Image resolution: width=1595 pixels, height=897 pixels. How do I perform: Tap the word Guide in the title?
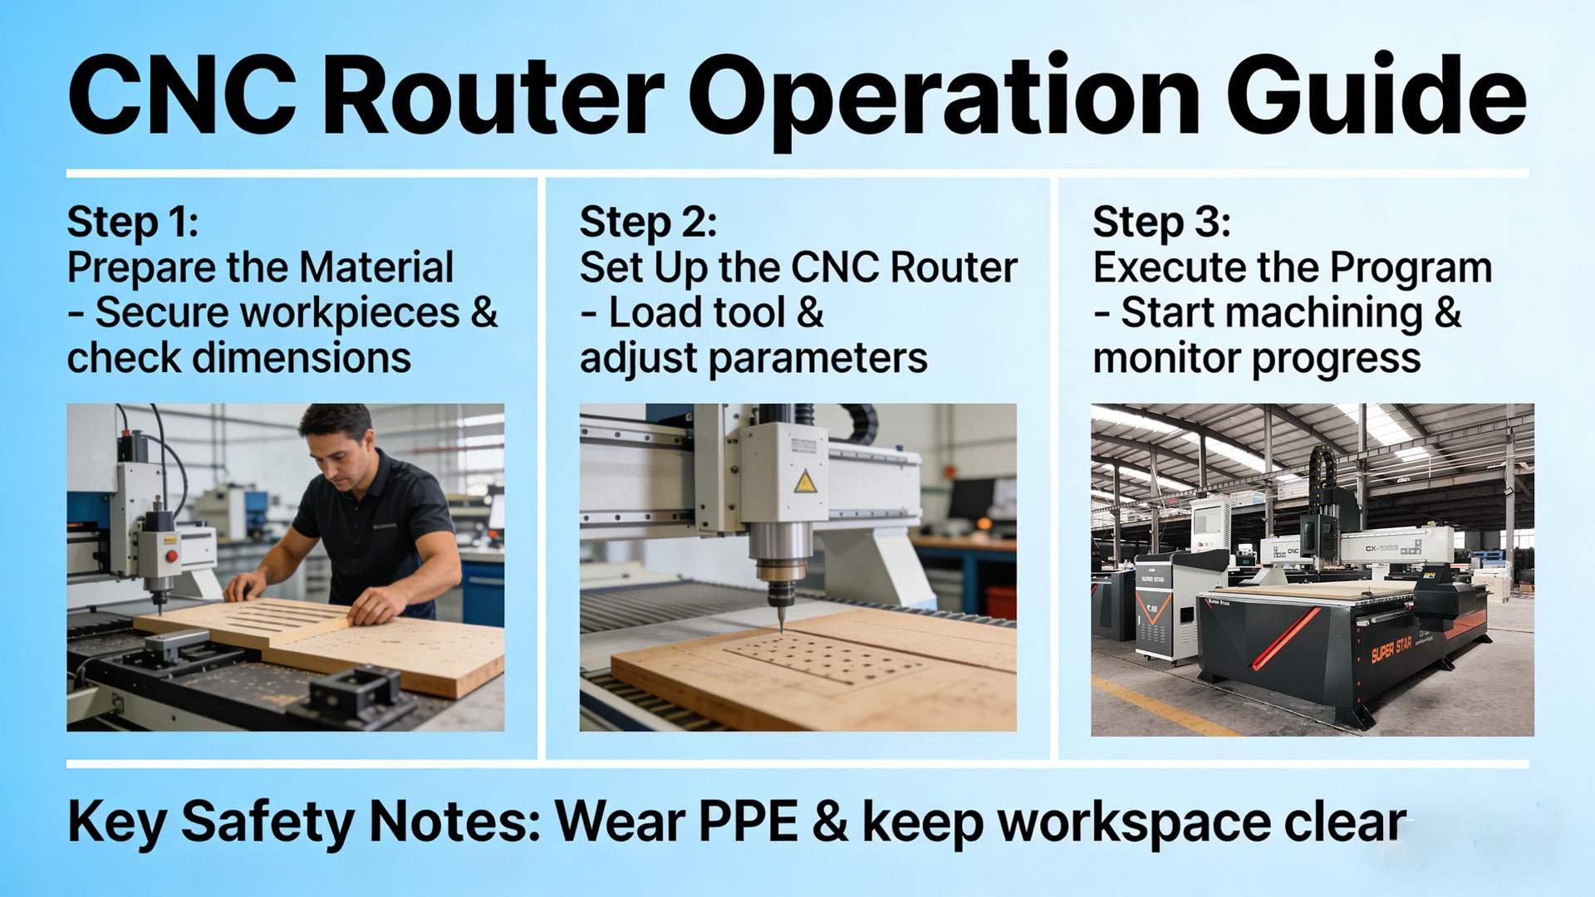click(1376, 96)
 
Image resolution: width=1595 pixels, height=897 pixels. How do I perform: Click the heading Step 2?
click(648, 223)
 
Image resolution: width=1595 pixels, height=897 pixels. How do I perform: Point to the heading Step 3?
click(1161, 223)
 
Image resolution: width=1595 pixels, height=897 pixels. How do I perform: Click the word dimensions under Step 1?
click(302, 358)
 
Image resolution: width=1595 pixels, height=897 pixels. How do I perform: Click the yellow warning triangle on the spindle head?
click(804, 482)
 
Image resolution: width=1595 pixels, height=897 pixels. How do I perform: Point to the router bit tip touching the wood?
click(781, 629)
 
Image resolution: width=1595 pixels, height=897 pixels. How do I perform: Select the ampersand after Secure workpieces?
click(484, 313)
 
